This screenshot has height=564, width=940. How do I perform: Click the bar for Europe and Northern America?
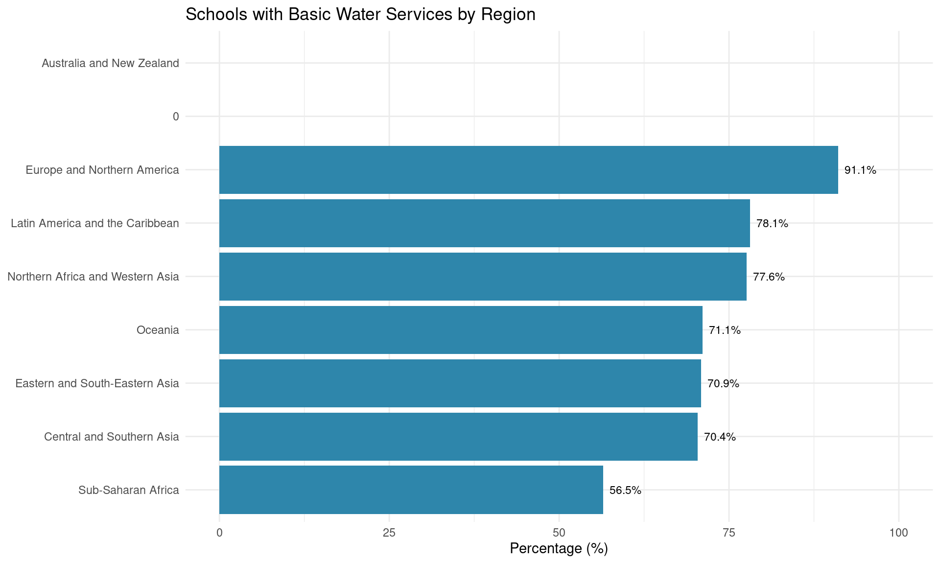(528, 170)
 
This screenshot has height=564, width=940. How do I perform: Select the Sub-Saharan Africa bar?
(411, 490)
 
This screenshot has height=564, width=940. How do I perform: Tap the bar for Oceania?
(461, 330)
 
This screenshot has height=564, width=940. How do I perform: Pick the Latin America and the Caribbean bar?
(484, 223)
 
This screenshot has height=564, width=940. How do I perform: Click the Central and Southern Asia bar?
(458, 437)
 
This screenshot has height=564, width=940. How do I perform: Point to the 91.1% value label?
(860, 170)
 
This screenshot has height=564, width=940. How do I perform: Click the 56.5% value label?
(625, 490)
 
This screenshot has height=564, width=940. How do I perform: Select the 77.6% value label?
(769, 277)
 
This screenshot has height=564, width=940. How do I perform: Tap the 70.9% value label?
(723, 384)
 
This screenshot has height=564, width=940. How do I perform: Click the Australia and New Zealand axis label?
(110, 63)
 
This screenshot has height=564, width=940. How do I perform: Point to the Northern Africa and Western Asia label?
(93, 277)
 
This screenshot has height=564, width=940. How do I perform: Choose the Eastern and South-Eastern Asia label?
(97, 383)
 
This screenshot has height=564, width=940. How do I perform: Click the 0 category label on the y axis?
(176, 117)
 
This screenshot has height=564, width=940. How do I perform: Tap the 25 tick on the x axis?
(389, 533)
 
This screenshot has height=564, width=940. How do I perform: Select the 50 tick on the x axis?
(559, 533)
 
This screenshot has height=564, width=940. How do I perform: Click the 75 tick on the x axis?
(729, 533)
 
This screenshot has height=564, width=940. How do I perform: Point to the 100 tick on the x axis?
(898, 533)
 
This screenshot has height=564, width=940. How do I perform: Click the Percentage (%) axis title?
(559, 549)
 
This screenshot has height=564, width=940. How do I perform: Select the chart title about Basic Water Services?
(360, 15)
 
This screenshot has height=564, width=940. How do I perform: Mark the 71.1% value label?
(725, 330)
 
